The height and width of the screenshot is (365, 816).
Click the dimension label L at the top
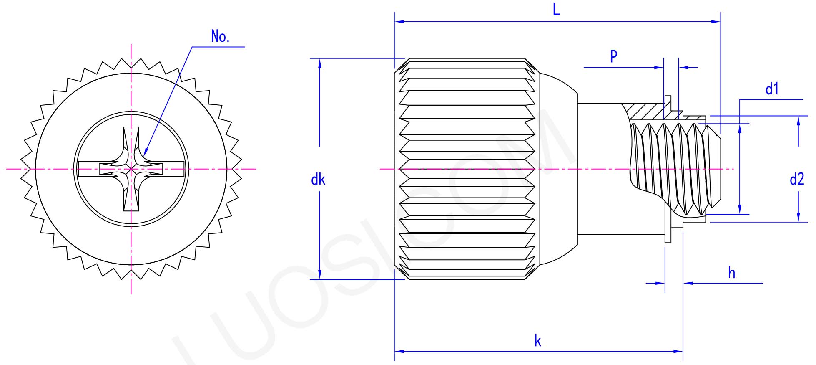point(556,9)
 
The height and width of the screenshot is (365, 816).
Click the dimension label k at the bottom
point(538,341)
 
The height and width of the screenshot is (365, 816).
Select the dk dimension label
point(318,180)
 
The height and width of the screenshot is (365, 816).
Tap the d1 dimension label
point(772,89)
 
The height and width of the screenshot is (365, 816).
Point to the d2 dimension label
point(796,180)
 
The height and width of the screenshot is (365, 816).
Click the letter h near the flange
point(731,273)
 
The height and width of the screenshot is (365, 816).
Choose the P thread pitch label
point(613,56)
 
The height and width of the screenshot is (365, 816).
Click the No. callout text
point(220,37)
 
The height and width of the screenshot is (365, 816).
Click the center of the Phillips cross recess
point(131,169)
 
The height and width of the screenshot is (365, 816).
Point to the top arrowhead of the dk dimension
point(320,63)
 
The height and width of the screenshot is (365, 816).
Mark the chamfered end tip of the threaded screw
point(716,169)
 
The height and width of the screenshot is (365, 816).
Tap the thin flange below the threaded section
point(668,234)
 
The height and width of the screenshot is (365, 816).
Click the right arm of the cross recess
point(171,169)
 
